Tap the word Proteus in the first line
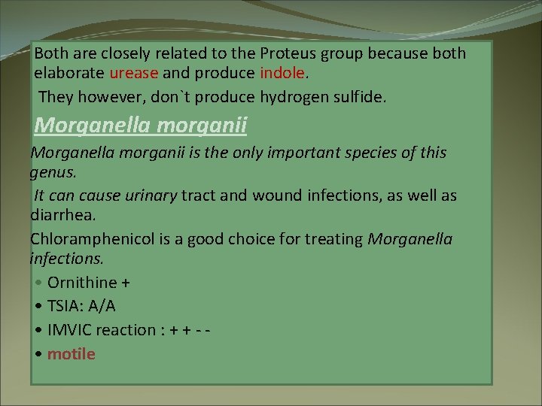pos(285,54)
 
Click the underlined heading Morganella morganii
pos(141,124)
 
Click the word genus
pos(52,172)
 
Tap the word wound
pos(281,195)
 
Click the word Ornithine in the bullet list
pos(82,283)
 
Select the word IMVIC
pos(73,330)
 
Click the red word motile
pos(72,353)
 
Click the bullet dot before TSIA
pos(38,307)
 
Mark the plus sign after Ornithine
pos(126,283)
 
